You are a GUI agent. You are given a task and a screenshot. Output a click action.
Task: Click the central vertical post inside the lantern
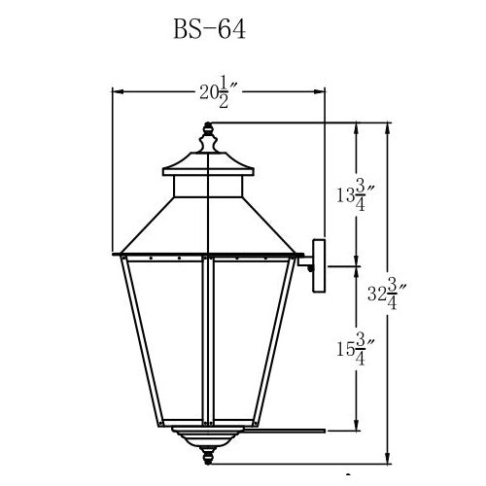coord(208,340)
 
